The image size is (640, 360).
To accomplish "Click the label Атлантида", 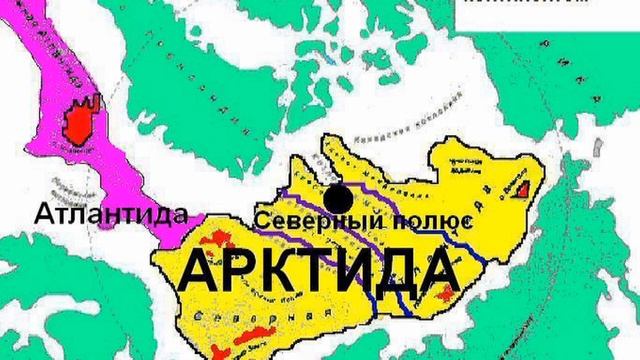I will tap(111, 214).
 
